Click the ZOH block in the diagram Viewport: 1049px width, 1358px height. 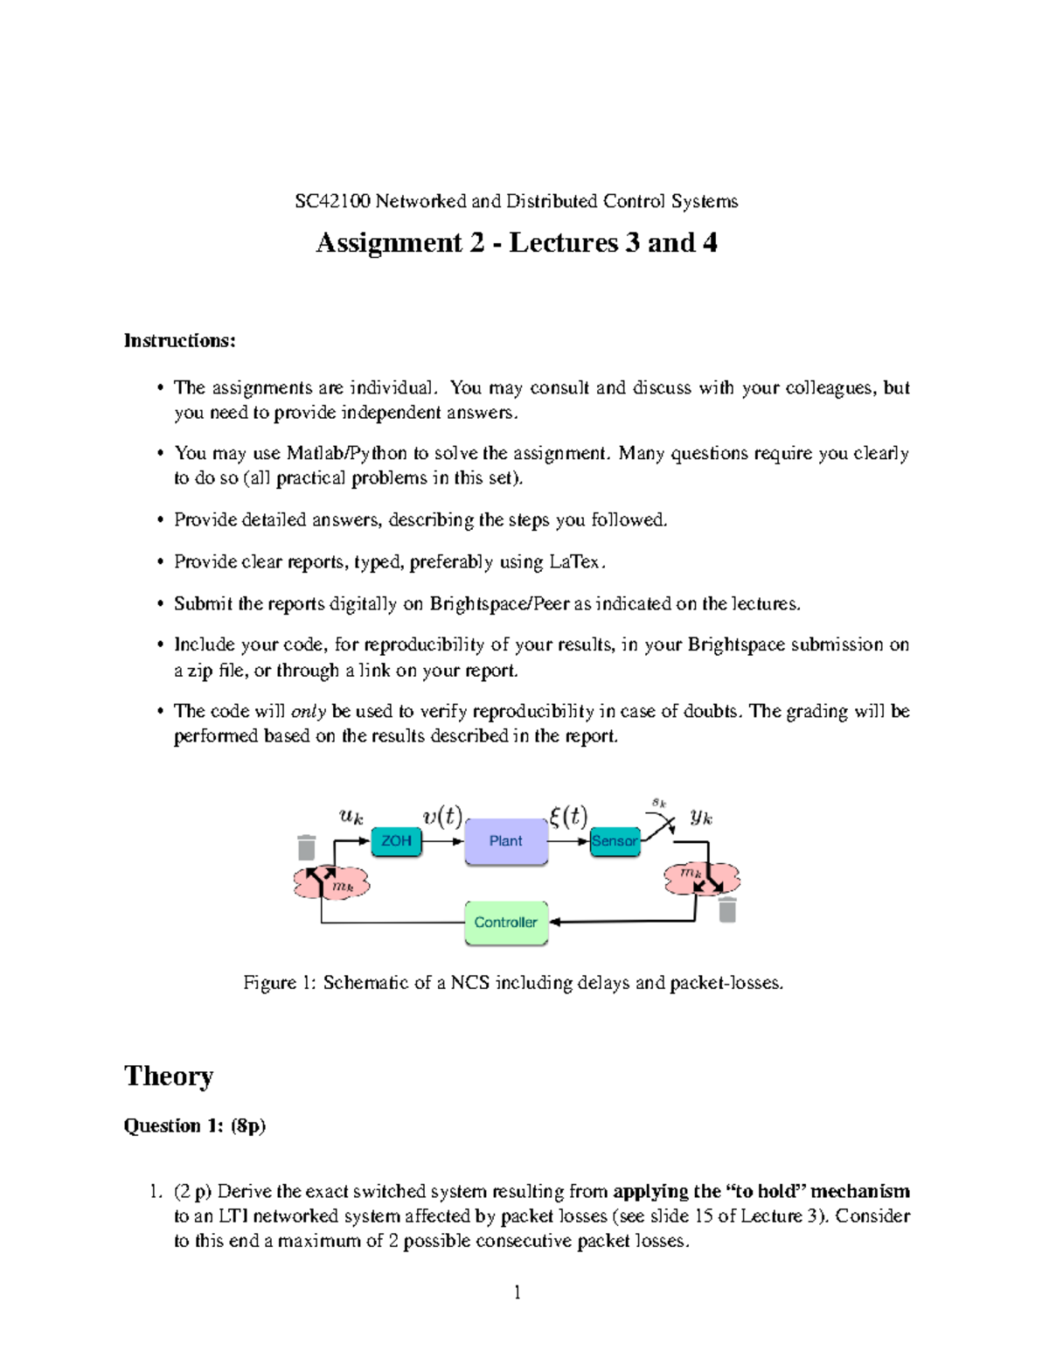pos(396,841)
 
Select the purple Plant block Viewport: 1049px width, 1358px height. pos(505,841)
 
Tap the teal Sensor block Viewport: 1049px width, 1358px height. pos(615,841)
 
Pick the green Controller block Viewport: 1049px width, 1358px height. pos(505,923)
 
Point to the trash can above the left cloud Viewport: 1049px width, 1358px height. pos(306,847)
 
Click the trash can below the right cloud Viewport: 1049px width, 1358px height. pos(727,910)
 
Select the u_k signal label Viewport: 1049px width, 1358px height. pos(351,817)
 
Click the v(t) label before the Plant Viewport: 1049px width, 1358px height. pos(442,817)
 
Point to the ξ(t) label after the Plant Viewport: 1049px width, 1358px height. pos(568,817)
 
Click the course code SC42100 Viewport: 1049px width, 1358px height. pos(333,202)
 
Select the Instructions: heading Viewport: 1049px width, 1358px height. pos(180,341)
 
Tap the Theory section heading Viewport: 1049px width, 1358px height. pos(169,1076)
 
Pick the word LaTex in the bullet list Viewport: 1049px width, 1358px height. pos(575,562)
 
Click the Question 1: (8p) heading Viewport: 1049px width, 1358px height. pos(195,1126)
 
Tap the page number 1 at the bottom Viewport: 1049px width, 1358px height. pos(518,1292)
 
